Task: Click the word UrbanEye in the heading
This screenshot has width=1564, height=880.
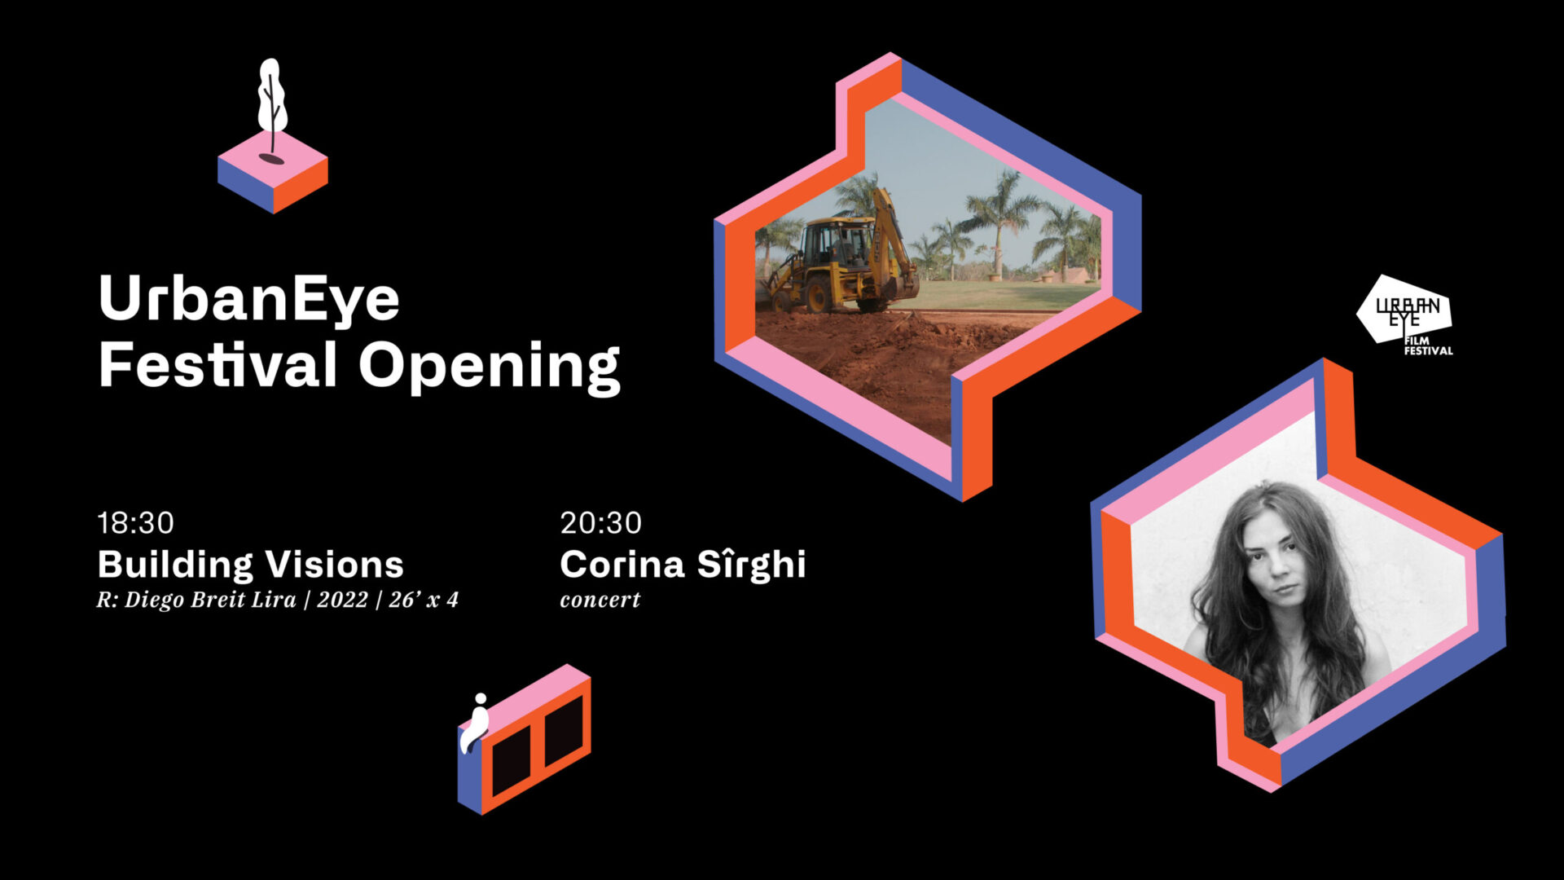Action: (x=249, y=299)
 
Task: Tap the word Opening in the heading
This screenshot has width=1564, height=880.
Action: (x=490, y=366)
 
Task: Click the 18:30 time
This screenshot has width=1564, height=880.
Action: (x=136, y=523)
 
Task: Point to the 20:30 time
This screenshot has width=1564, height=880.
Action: (x=601, y=523)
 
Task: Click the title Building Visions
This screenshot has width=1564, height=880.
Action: (x=251, y=564)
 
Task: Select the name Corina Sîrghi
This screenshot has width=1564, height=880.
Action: (x=683, y=564)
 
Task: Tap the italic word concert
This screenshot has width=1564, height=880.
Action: (x=600, y=601)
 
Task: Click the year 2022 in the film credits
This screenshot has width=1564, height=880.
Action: (x=342, y=600)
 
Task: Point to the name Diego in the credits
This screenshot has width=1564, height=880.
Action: (x=154, y=601)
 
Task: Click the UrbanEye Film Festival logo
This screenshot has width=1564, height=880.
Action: (x=1404, y=315)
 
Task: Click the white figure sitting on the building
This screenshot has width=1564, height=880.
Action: (x=475, y=723)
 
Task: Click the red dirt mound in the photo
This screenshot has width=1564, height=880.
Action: (x=880, y=359)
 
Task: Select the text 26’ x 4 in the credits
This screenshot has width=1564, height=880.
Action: (x=424, y=600)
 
